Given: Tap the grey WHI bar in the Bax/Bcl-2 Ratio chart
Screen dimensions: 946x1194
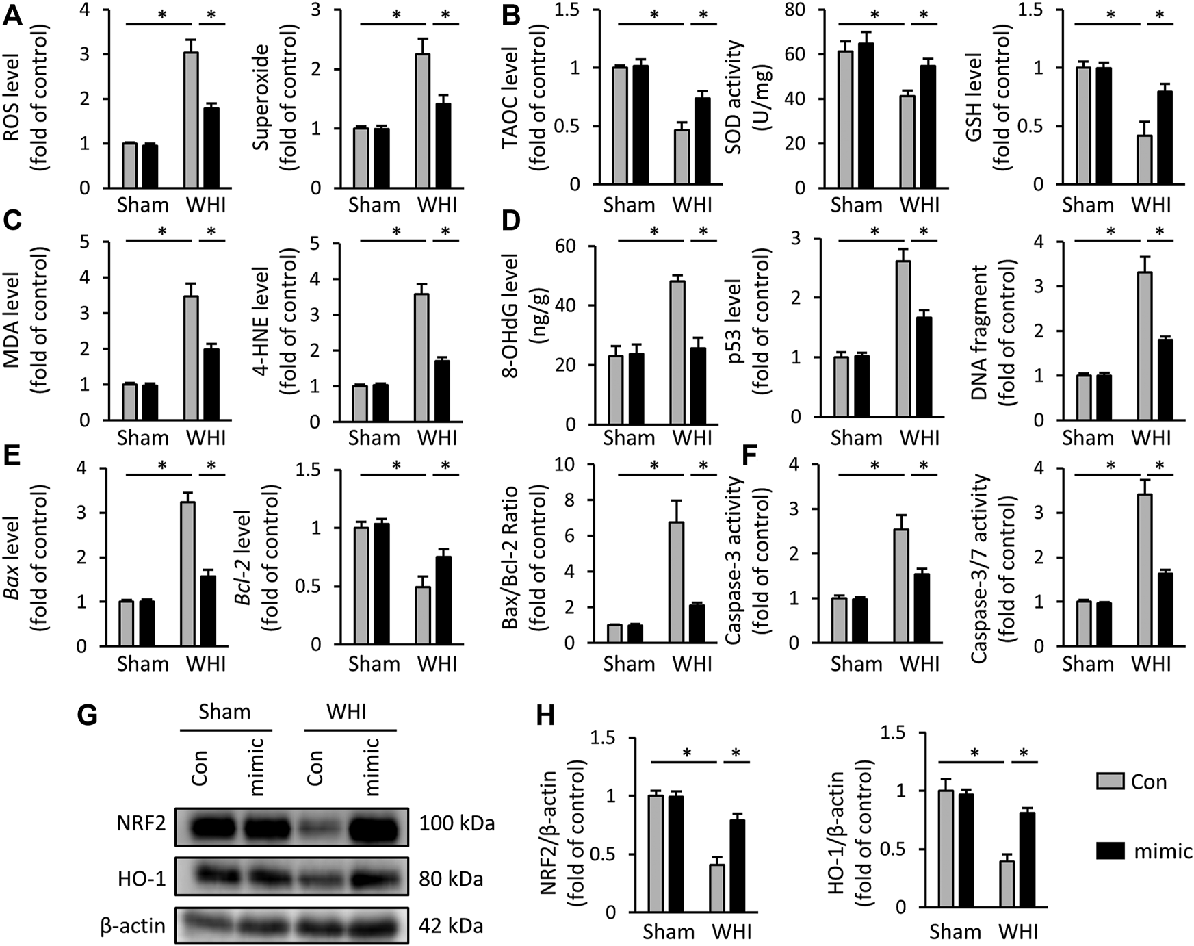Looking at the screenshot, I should coord(677,582).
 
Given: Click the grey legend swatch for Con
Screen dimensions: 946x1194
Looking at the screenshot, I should coord(1110,782).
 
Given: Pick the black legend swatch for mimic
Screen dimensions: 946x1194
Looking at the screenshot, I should coord(1110,850).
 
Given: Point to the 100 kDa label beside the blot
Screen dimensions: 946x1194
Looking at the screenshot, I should coord(457,823).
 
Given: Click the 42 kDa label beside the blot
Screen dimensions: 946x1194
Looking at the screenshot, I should coord(451,926).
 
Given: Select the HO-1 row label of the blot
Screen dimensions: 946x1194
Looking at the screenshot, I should coord(142,879).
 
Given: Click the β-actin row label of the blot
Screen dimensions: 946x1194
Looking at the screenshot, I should coord(133,926).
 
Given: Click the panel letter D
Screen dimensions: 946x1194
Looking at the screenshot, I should coord(511,221).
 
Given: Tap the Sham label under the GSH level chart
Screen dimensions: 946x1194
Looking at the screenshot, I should coord(1087,205).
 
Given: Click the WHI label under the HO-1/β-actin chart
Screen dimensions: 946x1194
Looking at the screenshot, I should coord(1017,932).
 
